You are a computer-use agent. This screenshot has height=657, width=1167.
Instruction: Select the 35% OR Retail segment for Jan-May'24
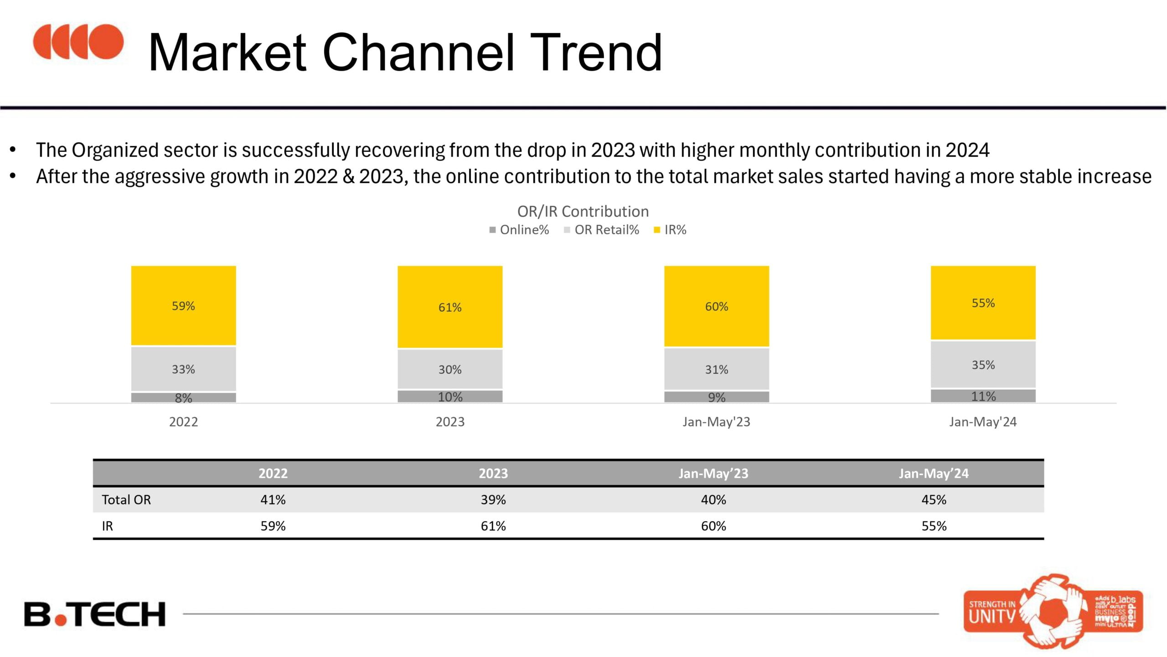point(983,365)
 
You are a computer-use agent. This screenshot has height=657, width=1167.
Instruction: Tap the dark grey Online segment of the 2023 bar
point(450,396)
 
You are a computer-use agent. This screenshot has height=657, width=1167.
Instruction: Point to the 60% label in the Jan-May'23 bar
point(716,307)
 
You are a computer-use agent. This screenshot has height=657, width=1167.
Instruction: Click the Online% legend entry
point(519,230)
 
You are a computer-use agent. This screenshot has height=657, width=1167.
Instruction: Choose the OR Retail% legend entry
point(602,230)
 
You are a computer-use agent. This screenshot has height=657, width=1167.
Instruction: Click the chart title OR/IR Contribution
point(583,211)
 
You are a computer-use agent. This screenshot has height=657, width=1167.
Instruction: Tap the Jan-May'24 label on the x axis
point(983,422)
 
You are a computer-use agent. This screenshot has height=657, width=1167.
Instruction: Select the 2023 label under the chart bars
point(450,422)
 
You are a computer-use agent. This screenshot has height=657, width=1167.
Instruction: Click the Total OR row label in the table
point(126,500)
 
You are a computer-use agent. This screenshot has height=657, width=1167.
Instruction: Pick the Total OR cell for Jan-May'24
point(934,500)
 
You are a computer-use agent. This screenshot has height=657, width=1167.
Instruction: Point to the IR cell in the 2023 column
point(493,526)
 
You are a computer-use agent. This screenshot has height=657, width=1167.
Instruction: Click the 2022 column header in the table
point(273,473)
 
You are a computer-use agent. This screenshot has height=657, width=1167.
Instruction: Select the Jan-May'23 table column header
point(713,473)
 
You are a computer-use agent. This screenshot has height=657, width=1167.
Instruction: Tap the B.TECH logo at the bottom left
point(95,614)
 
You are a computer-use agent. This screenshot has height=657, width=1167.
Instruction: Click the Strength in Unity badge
point(1053,611)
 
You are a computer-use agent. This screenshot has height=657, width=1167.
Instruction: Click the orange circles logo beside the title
point(78,42)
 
